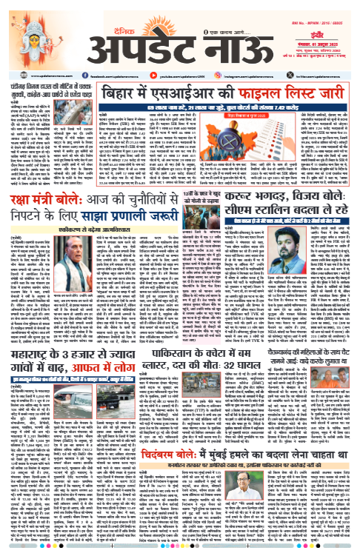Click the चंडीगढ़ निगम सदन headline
point(44,92)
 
